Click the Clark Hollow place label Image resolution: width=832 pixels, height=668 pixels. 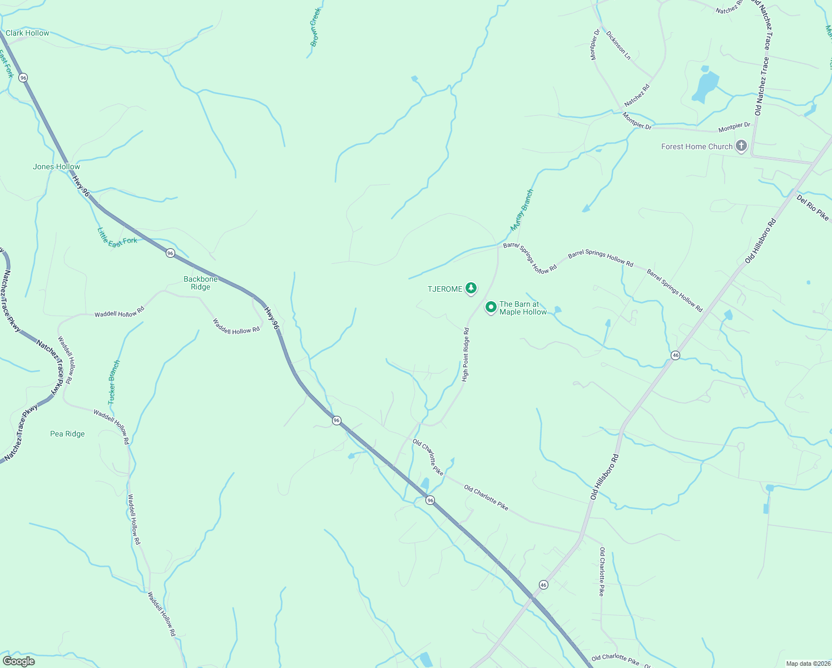(27, 33)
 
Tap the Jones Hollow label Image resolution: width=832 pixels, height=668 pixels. (56, 166)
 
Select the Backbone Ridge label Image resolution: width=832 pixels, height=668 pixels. (201, 283)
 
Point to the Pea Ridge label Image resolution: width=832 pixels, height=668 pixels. (67, 434)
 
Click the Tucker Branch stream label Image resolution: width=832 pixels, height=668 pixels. (113, 382)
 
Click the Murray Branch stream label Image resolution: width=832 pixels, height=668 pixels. (522, 210)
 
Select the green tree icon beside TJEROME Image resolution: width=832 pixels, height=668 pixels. (471, 288)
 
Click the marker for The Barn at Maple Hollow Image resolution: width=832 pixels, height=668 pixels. (491, 307)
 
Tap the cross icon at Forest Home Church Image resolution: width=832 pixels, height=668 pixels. (741, 146)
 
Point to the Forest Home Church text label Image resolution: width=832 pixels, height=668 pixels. (697, 147)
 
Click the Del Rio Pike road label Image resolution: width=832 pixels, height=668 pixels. (813, 207)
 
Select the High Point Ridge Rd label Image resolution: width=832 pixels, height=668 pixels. (465, 355)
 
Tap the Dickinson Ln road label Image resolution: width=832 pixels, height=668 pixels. (618, 45)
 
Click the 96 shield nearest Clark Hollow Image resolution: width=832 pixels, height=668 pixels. (23, 78)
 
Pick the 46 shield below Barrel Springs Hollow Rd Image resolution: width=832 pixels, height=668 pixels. (675, 355)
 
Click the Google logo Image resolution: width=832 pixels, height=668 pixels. (18, 661)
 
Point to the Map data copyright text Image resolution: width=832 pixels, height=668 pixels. (808, 664)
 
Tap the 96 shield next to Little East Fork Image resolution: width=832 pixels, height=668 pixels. (170, 253)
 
